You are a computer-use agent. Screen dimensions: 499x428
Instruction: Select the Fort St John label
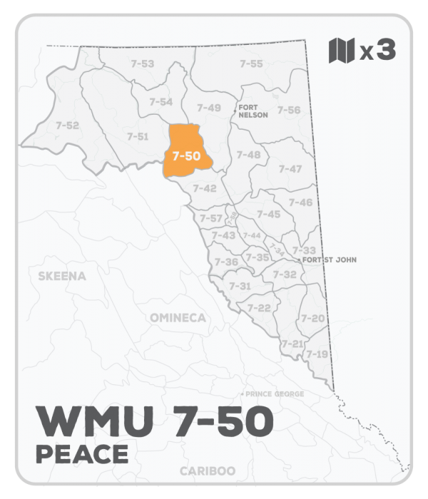(329, 260)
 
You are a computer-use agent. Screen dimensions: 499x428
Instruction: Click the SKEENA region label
(62, 277)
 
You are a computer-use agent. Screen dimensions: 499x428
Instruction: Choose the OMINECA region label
(178, 318)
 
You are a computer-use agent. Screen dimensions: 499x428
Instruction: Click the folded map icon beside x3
(342, 51)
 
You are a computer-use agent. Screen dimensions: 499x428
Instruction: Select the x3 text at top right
(377, 52)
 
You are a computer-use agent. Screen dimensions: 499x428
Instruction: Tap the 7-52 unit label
(67, 125)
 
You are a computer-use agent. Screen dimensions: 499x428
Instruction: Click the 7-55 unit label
(250, 64)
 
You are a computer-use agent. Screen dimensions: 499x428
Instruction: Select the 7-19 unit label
(317, 354)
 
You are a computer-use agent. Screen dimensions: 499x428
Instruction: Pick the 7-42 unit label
(204, 188)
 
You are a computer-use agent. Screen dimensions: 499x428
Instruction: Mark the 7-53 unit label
(143, 64)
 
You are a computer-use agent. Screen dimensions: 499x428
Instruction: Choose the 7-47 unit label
(290, 169)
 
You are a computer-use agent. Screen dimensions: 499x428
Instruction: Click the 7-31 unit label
(240, 285)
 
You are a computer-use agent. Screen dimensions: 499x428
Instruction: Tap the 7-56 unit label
(289, 110)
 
